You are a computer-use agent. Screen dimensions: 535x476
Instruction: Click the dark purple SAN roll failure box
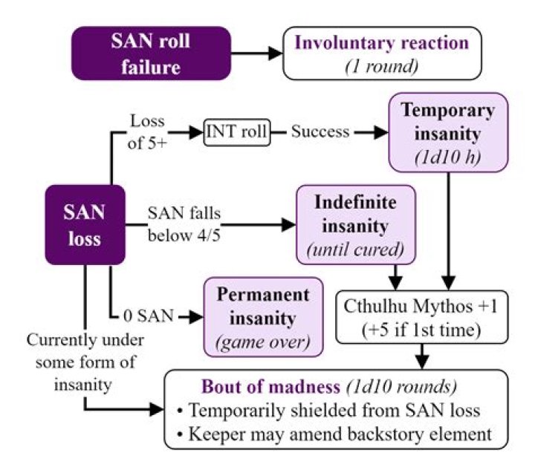151,53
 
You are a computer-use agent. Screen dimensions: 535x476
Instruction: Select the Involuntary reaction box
382,53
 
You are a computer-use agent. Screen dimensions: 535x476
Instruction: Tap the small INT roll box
237,132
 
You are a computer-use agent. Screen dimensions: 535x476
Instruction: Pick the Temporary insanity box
448,132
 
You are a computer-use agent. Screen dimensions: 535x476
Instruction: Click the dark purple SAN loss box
85,225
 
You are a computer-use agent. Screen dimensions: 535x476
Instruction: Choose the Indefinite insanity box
356,225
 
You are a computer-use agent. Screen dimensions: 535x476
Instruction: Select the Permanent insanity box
263,317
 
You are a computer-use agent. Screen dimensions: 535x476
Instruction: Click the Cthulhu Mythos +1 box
422,317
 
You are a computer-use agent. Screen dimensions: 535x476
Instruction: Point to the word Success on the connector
320,131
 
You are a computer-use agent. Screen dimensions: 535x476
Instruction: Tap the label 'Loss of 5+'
147,132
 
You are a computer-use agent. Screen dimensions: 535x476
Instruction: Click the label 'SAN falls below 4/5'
184,224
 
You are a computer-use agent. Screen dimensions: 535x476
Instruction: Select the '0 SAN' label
149,316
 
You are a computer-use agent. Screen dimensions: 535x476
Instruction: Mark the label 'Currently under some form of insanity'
85,362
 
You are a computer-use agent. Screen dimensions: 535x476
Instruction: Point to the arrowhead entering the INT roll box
197,132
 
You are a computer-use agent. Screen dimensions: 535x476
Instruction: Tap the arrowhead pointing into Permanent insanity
196,317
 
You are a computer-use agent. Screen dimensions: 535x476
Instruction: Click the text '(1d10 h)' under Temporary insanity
448,157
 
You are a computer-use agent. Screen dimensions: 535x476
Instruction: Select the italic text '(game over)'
263,342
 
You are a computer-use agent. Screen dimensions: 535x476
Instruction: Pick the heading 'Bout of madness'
271,387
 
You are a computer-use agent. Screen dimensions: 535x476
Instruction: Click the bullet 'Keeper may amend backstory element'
334,434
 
